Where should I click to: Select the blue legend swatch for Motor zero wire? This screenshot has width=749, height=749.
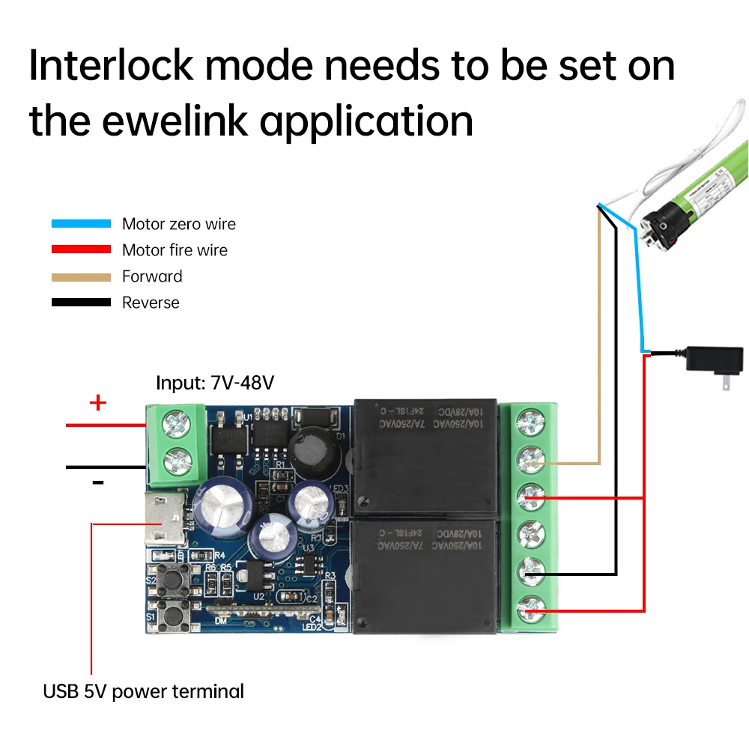(81, 223)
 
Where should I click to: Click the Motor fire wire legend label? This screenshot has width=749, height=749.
(175, 250)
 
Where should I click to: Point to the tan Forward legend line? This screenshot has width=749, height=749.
(81, 276)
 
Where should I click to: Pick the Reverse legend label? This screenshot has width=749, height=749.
(151, 303)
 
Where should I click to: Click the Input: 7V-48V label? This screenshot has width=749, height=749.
(215, 383)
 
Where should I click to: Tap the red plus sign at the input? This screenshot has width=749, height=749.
(98, 404)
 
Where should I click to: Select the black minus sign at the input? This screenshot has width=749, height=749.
(98, 482)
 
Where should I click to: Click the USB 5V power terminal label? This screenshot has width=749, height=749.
(143, 691)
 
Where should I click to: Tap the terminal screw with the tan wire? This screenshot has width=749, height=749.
(531, 458)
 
